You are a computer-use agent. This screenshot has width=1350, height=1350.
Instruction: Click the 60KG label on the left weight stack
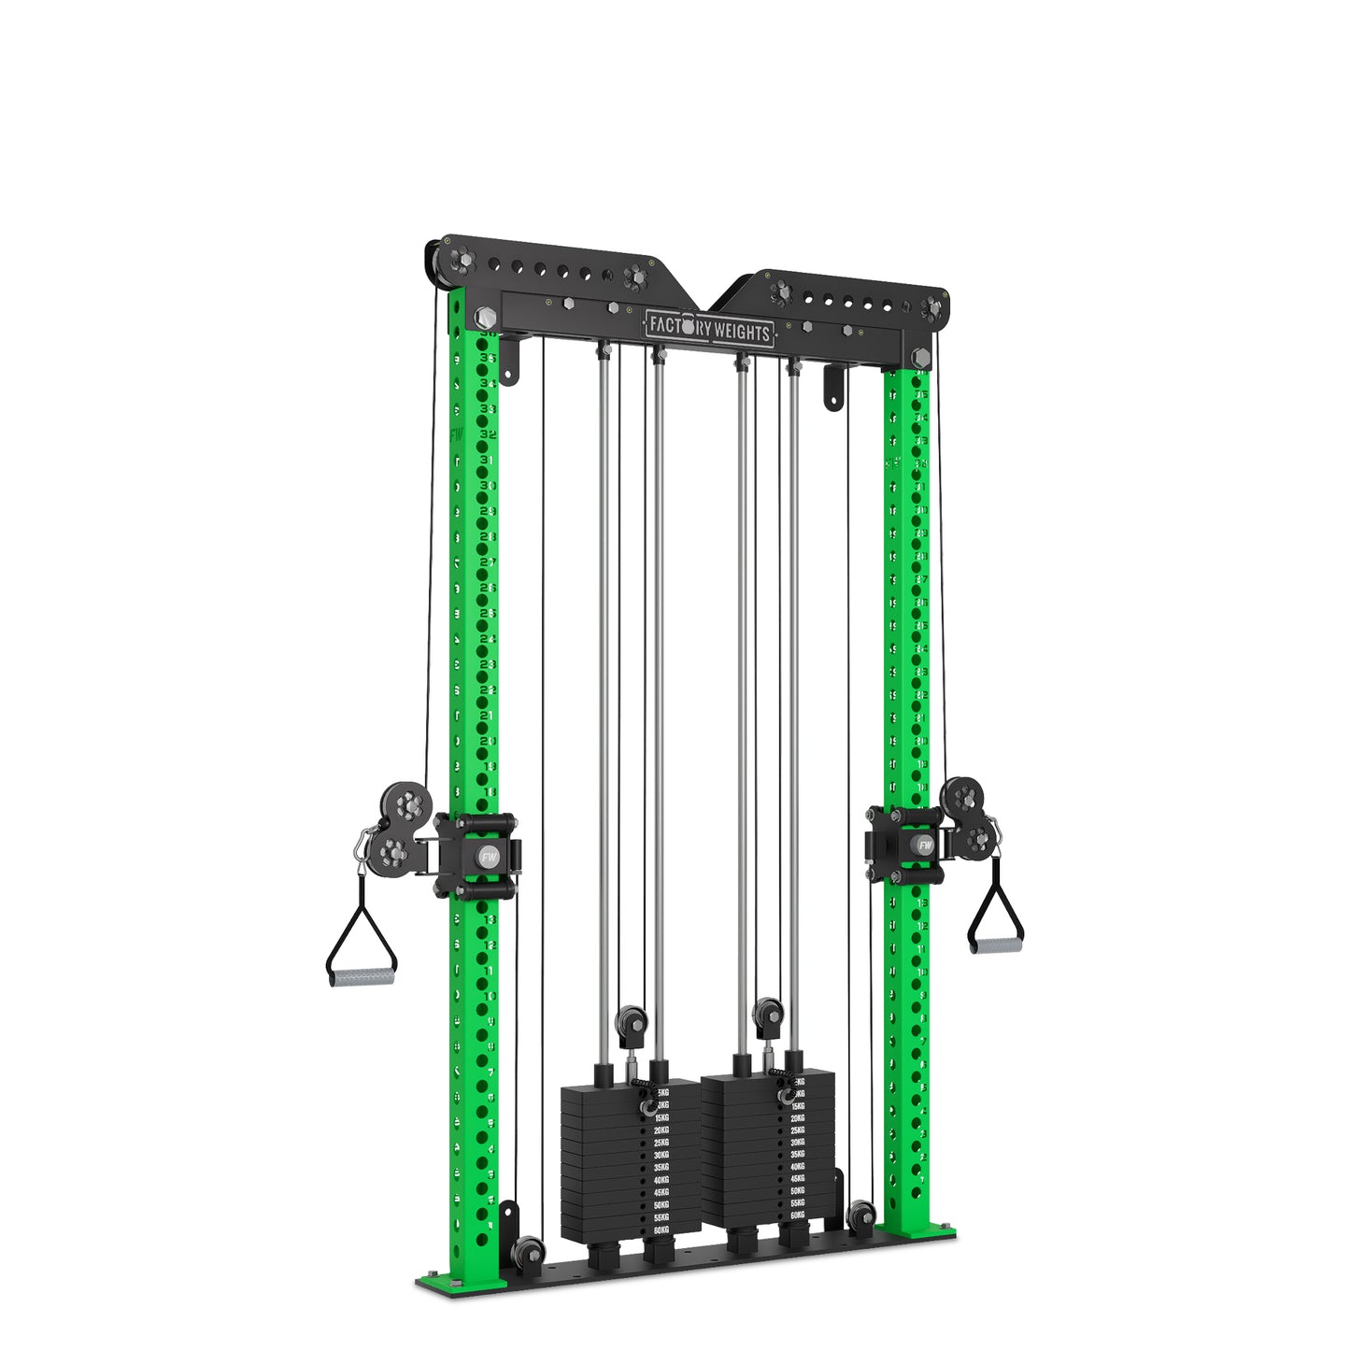click(661, 1230)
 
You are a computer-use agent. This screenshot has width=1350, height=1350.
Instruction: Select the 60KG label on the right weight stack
click(797, 1215)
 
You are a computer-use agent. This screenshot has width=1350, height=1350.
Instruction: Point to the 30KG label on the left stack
click(661, 1155)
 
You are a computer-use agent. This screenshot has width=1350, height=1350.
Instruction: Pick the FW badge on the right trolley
click(925, 845)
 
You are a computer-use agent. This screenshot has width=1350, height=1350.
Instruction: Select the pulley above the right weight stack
click(768, 1013)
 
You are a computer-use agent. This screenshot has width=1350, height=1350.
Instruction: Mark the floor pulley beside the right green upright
click(860, 1217)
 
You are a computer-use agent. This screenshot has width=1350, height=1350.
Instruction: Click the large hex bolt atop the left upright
click(485, 318)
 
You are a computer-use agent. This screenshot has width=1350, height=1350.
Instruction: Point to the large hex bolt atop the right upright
click(919, 358)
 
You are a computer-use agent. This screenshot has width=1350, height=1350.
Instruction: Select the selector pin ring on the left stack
click(647, 1108)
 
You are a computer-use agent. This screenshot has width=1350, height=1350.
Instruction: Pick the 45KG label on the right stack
click(797, 1179)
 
